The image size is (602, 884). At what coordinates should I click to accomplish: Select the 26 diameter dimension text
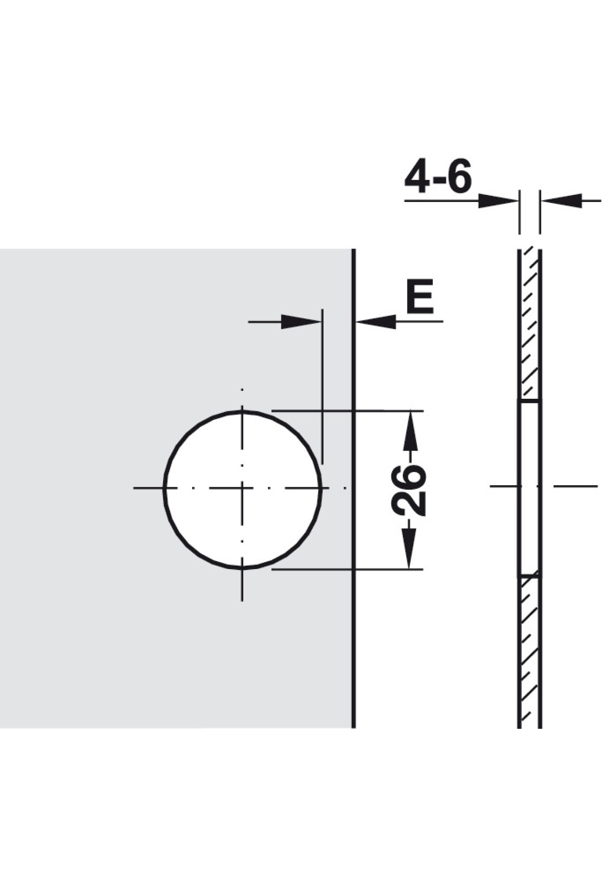pyautogui.click(x=408, y=490)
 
